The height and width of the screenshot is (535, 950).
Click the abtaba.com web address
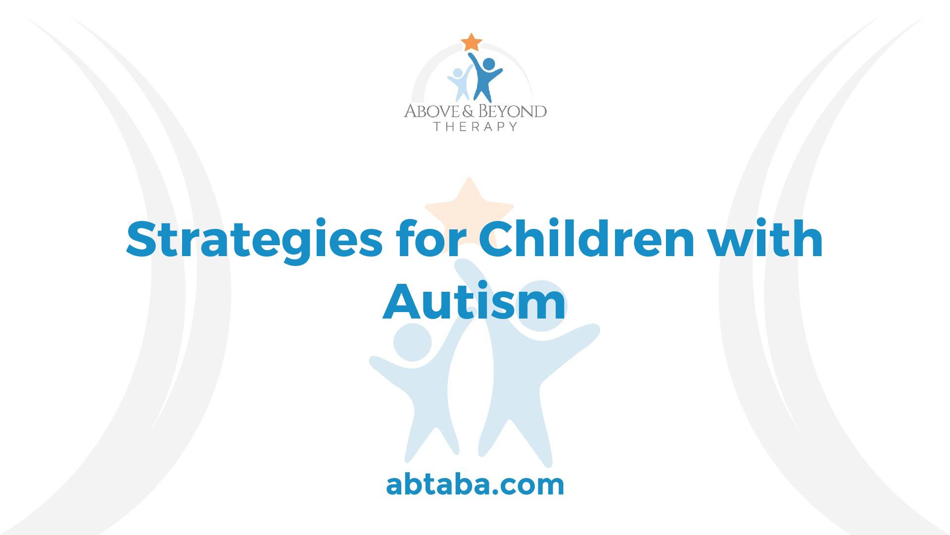pos(475,485)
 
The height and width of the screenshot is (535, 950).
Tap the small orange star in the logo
pos(471,42)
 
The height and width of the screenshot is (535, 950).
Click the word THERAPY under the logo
pos(475,127)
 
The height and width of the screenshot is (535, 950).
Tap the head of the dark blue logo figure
pos(488,64)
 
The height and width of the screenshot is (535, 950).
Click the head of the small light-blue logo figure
pos(459,73)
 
